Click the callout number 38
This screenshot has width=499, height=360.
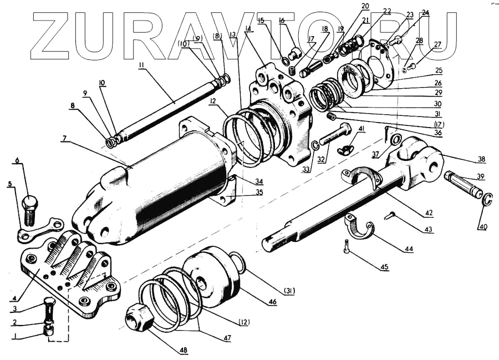click(x=481, y=160)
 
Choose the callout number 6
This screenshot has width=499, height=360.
click(x=17, y=161)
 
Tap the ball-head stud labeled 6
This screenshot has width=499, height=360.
click(x=30, y=207)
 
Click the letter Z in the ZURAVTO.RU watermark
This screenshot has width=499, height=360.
click(x=55, y=36)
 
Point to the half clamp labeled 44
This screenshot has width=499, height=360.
click(x=359, y=226)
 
